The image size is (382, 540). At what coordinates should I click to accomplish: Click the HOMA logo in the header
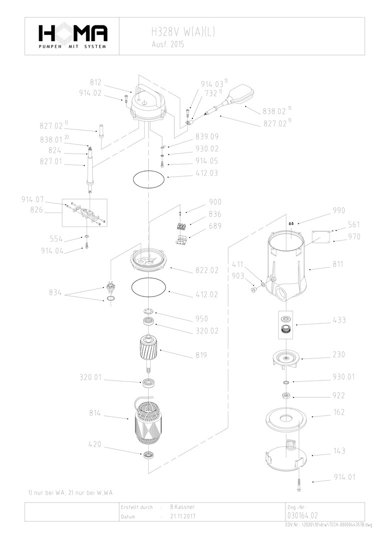73,35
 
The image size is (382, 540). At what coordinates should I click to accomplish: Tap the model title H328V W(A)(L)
183,32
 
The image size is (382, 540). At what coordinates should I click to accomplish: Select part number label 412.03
207,173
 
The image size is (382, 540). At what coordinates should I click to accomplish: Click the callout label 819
201,355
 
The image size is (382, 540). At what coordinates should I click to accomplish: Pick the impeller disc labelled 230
285,358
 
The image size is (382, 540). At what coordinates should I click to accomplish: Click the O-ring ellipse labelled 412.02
148,287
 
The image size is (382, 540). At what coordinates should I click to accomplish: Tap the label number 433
339,320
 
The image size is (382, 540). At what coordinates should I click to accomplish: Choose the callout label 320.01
90,377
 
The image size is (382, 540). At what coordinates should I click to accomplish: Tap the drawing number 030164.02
303,515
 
